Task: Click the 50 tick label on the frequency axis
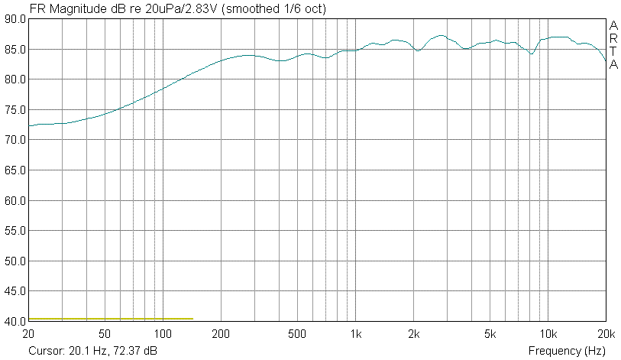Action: [105, 334]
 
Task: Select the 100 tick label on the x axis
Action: [163, 334]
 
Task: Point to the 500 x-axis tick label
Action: [297, 334]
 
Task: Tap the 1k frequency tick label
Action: [356, 334]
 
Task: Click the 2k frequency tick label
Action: [414, 334]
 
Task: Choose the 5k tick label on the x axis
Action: [490, 334]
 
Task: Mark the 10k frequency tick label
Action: [548, 334]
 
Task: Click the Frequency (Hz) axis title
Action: [567, 351]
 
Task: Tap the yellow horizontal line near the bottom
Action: [111, 318]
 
